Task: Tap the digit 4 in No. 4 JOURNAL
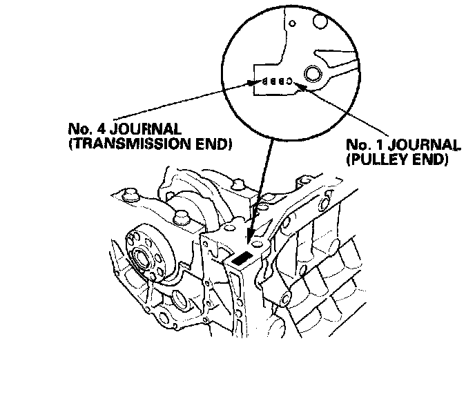(x=94, y=130)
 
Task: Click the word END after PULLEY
(x=426, y=159)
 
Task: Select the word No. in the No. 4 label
(x=77, y=130)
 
